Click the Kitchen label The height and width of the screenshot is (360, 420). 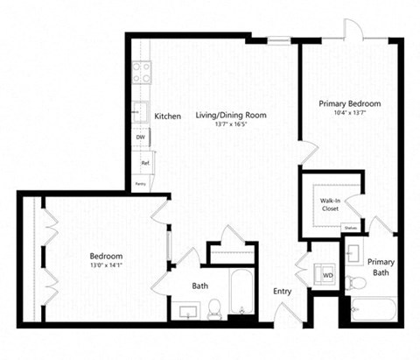pyautogui.click(x=168, y=116)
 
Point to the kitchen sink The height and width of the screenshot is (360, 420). pyautogui.click(x=139, y=110)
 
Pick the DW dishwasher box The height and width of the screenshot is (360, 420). pyautogui.click(x=140, y=137)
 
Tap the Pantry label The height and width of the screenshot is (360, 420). pyautogui.click(x=140, y=184)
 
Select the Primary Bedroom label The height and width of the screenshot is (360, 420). pyautogui.click(x=348, y=102)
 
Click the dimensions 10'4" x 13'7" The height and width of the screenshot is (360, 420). pyautogui.click(x=348, y=112)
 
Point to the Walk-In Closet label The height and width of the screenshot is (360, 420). pyautogui.click(x=332, y=205)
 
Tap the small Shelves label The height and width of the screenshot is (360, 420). pyautogui.click(x=351, y=228)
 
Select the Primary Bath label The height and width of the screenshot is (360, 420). pyautogui.click(x=381, y=267)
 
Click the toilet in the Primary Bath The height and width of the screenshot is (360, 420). pyautogui.click(x=354, y=282)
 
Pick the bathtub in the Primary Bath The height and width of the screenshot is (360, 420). pyautogui.click(x=373, y=309)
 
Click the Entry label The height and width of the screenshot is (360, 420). pyautogui.click(x=282, y=292)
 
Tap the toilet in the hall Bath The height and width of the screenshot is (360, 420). pyautogui.click(x=214, y=307)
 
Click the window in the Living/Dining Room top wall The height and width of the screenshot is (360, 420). pyautogui.click(x=278, y=39)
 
